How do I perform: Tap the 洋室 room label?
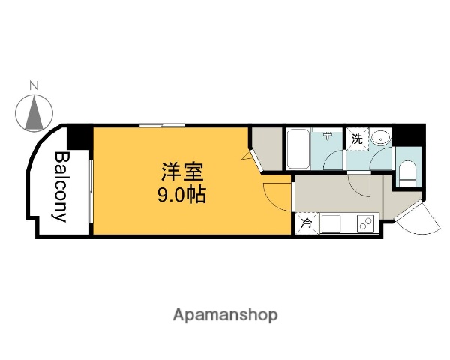(x=181, y=172)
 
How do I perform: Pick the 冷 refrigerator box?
(x=307, y=223)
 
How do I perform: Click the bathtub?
(x=298, y=150)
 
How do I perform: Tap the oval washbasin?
(x=382, y=138)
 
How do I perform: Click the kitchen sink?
(x=332, y=224)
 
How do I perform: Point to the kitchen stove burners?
(x=366, y=223)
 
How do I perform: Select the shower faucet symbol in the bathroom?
(x=328, y=136)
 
